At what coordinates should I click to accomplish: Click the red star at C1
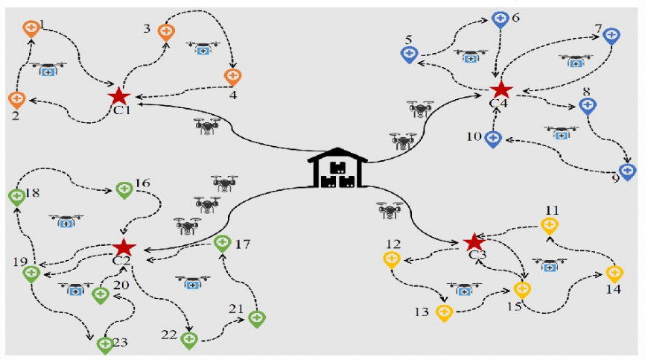[118, 96]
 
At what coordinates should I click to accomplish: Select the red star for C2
[124, 247]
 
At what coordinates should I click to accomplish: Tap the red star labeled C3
[473, 242]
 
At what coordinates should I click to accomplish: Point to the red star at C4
[501, 89]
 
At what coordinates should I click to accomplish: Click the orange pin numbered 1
[31, 29]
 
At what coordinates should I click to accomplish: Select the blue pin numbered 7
[611, 35]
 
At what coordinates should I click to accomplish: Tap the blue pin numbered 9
[628, 171]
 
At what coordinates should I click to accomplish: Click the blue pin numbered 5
[409, 54]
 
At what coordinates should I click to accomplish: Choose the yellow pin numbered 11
[550, 224]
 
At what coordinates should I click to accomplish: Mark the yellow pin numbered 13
[445, 312]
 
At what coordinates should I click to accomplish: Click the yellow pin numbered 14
[614, 274]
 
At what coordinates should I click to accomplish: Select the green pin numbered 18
[16, 197]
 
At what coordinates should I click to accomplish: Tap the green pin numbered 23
[104, 344]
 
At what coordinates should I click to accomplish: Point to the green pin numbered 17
[222, 242]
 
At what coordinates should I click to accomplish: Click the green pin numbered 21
[256, 318]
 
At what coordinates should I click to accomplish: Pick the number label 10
[474, 136]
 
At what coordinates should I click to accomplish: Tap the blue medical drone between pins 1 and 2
[48, 70]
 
